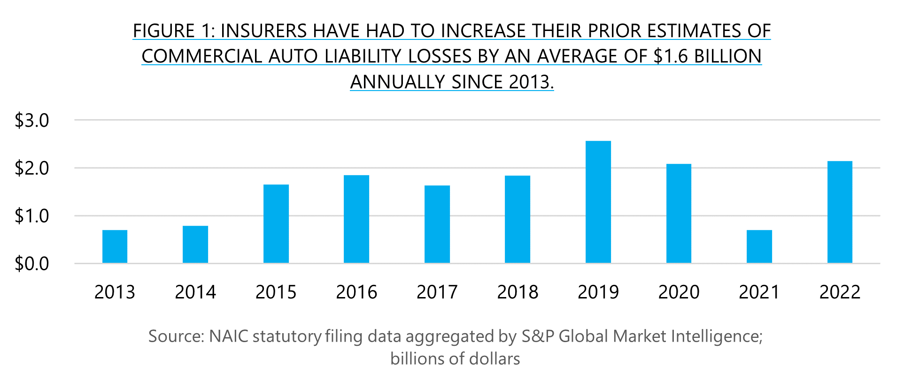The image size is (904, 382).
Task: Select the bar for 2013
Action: coord(115,246)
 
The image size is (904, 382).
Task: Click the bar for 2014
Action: coord(195,244)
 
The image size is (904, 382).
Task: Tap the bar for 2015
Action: coord(276,224)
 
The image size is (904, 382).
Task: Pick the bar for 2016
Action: coord(356,219)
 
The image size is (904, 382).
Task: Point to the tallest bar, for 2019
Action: coord(598,202)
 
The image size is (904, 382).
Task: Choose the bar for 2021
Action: coord(759,246)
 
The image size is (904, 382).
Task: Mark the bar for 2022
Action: coord(840,212)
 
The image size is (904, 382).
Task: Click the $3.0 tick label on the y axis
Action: coord(32,121)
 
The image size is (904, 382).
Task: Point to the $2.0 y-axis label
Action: coord(32,168)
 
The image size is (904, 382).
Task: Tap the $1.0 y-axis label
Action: coord(32,216)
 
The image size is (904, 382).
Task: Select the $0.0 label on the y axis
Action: coord(32,264)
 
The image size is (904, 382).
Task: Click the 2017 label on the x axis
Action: coord(437,292)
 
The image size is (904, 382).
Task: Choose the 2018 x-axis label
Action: coord(518,292)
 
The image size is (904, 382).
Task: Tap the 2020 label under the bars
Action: coord(679,292)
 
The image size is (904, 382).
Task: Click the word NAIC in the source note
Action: coord(229,336)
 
